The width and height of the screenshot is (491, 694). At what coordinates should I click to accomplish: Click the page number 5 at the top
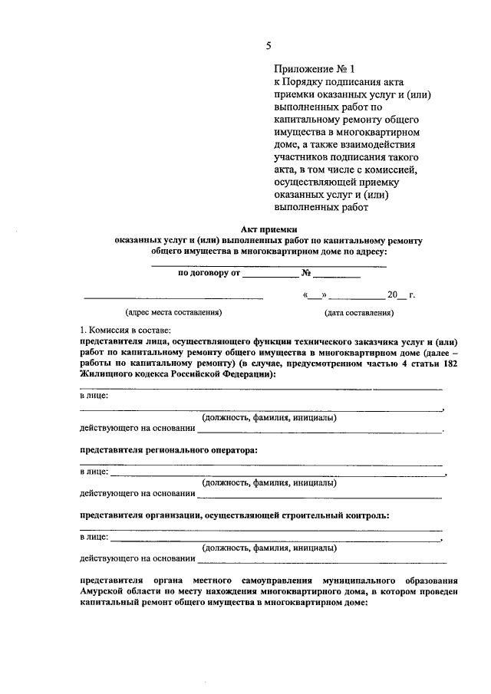pyautogui.click(x=269, y=46)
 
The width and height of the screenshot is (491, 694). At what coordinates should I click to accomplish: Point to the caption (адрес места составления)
pyautogui.click(x=173, y=312)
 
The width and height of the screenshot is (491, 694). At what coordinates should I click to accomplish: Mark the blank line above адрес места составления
pyautogui.click(x=173, y=297)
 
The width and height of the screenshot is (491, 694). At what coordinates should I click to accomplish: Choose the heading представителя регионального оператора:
pyautogui.click(x=168, y=450)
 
